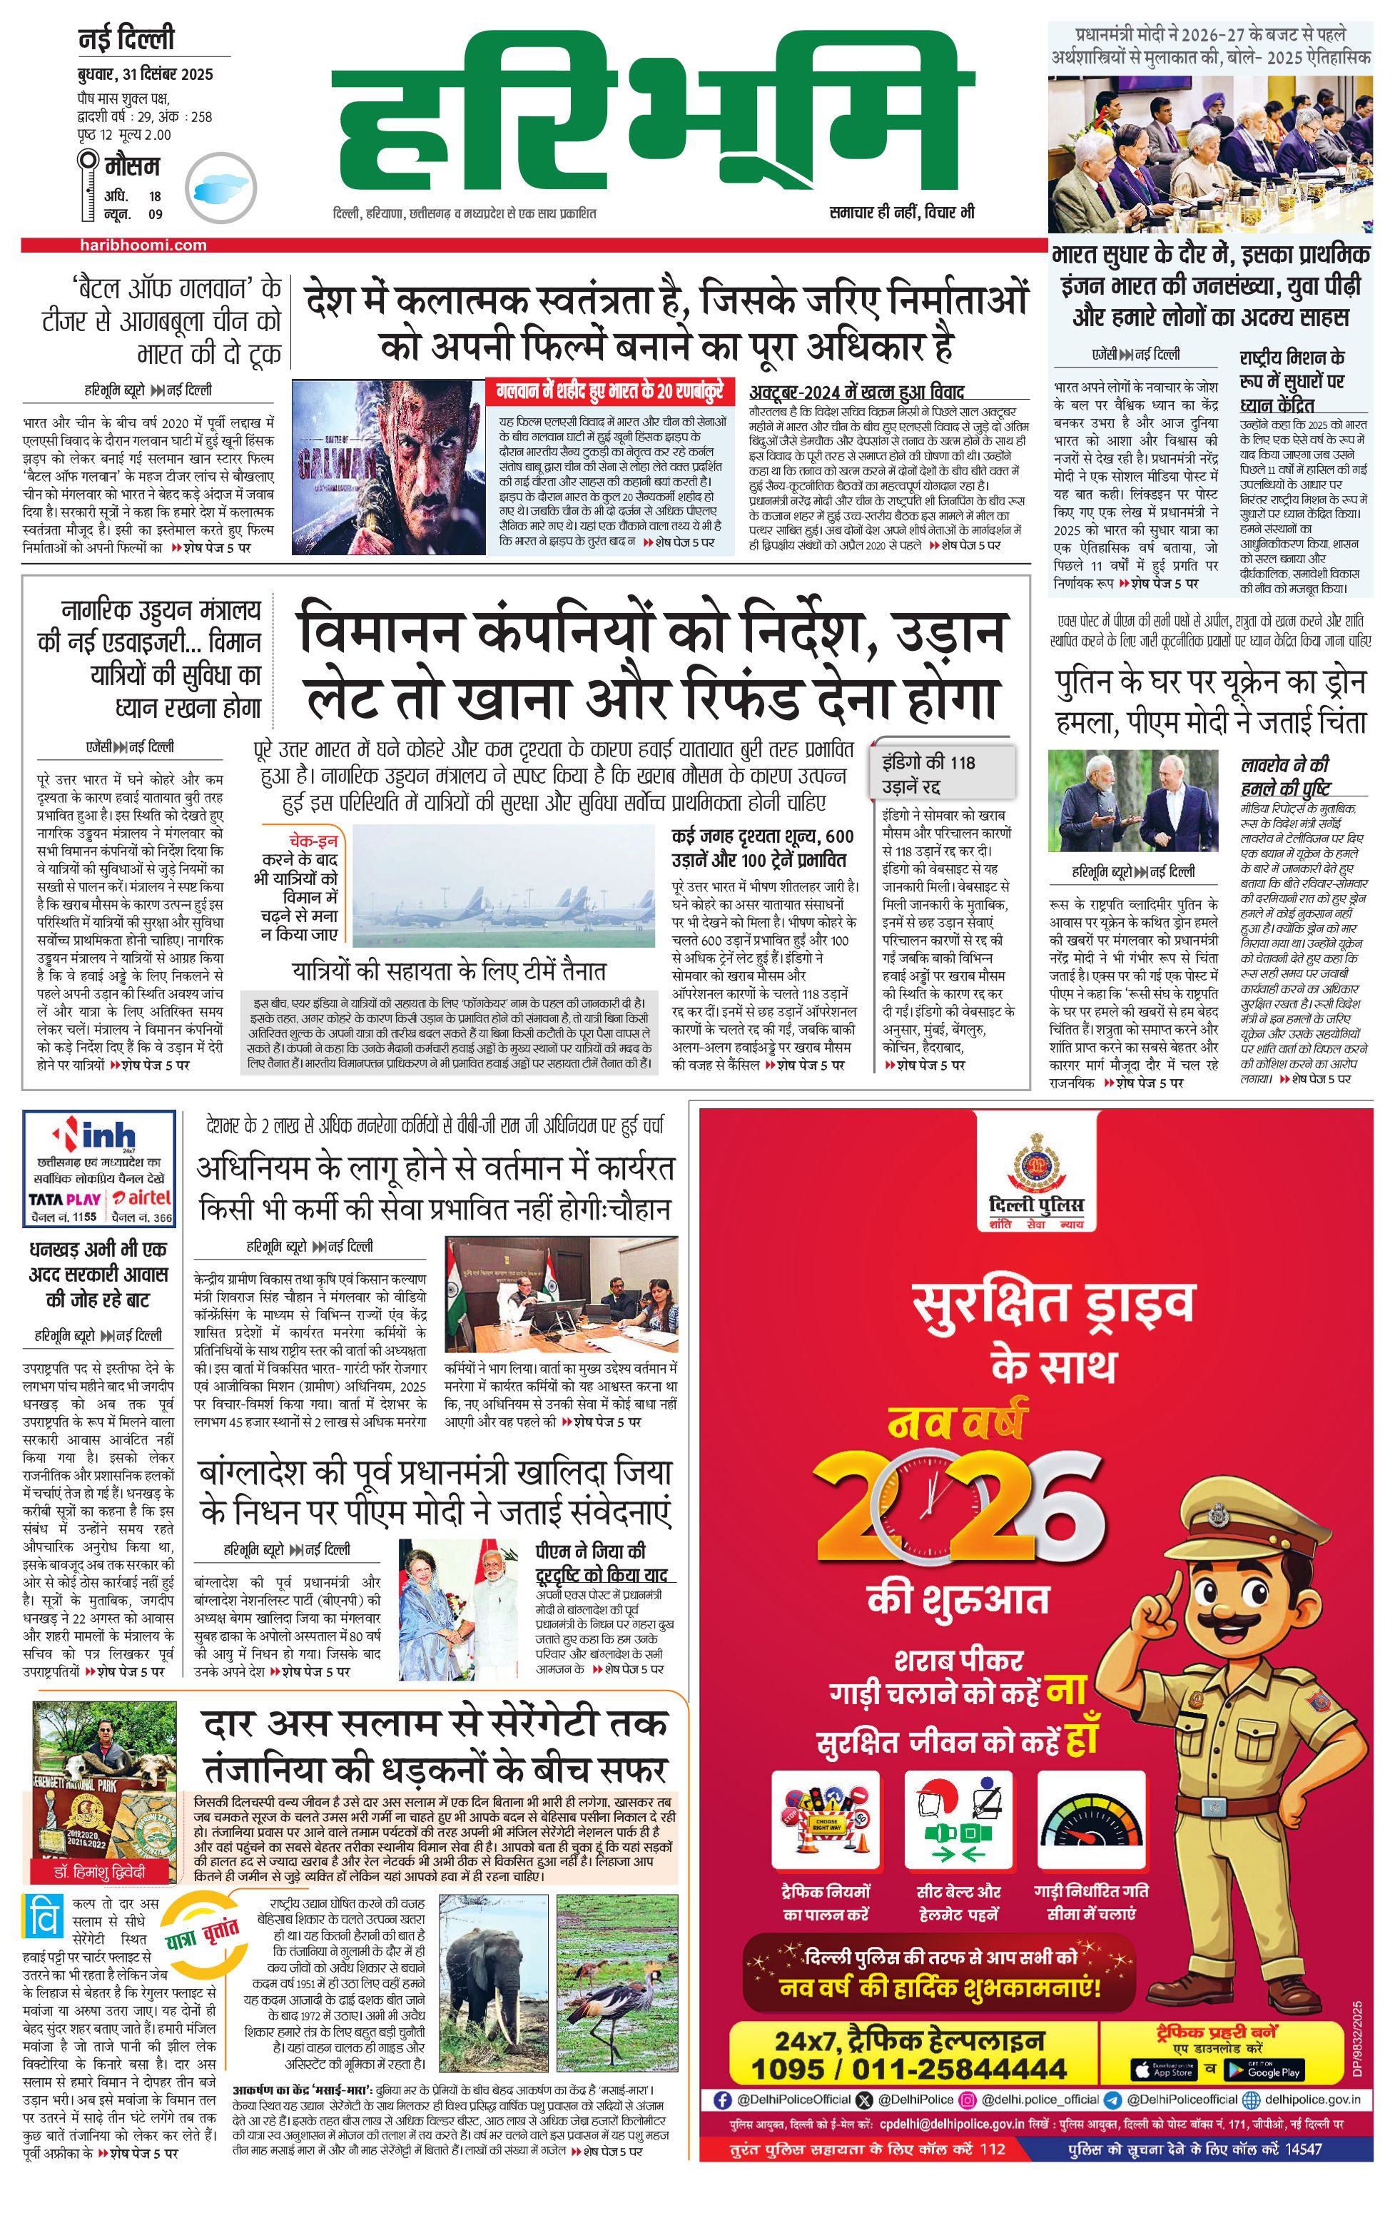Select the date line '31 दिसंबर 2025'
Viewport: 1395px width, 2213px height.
point(145,74)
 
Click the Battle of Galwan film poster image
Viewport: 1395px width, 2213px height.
point(387,467)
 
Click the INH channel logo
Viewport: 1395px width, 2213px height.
point(99,1136)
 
